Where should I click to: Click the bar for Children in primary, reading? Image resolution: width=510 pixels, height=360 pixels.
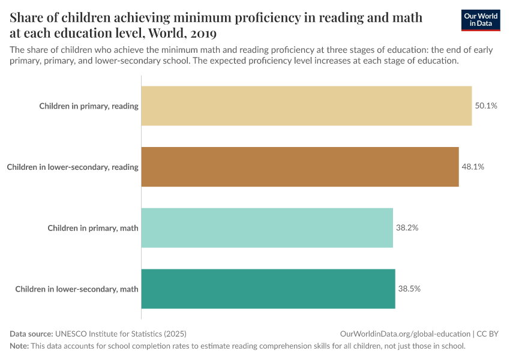(x=306, y=106)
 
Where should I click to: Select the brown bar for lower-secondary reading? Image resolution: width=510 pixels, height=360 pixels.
(x=300, y=167)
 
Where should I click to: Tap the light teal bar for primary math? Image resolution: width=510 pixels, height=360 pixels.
(x=267, y=227)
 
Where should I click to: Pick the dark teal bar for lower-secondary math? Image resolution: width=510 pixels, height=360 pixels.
(x=268, y=289)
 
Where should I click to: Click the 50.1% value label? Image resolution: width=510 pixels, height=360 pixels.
(x=486, y=106)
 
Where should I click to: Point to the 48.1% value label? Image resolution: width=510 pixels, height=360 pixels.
(x=473, y=167)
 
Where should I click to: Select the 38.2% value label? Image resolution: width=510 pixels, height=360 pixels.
(x=407, y=228)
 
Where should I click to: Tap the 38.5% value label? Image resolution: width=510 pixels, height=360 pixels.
(x=409, y=289)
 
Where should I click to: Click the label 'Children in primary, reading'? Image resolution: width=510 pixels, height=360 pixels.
(x=89, y=106)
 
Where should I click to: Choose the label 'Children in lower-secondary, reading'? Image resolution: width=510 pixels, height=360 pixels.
(x=73, y=167)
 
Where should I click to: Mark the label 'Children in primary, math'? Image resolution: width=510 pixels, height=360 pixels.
(x=93, y=228)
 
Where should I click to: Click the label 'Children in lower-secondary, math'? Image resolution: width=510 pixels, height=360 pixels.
(x=77, y=289)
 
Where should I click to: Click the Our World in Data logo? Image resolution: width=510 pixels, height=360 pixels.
(x=480, y=20)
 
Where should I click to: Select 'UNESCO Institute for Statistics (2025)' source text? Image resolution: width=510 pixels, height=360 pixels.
(x=125, y=334)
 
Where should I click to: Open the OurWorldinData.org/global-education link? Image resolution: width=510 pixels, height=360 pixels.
(x=405, y=334)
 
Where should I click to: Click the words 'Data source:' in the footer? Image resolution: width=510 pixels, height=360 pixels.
(x=31, y=334)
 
